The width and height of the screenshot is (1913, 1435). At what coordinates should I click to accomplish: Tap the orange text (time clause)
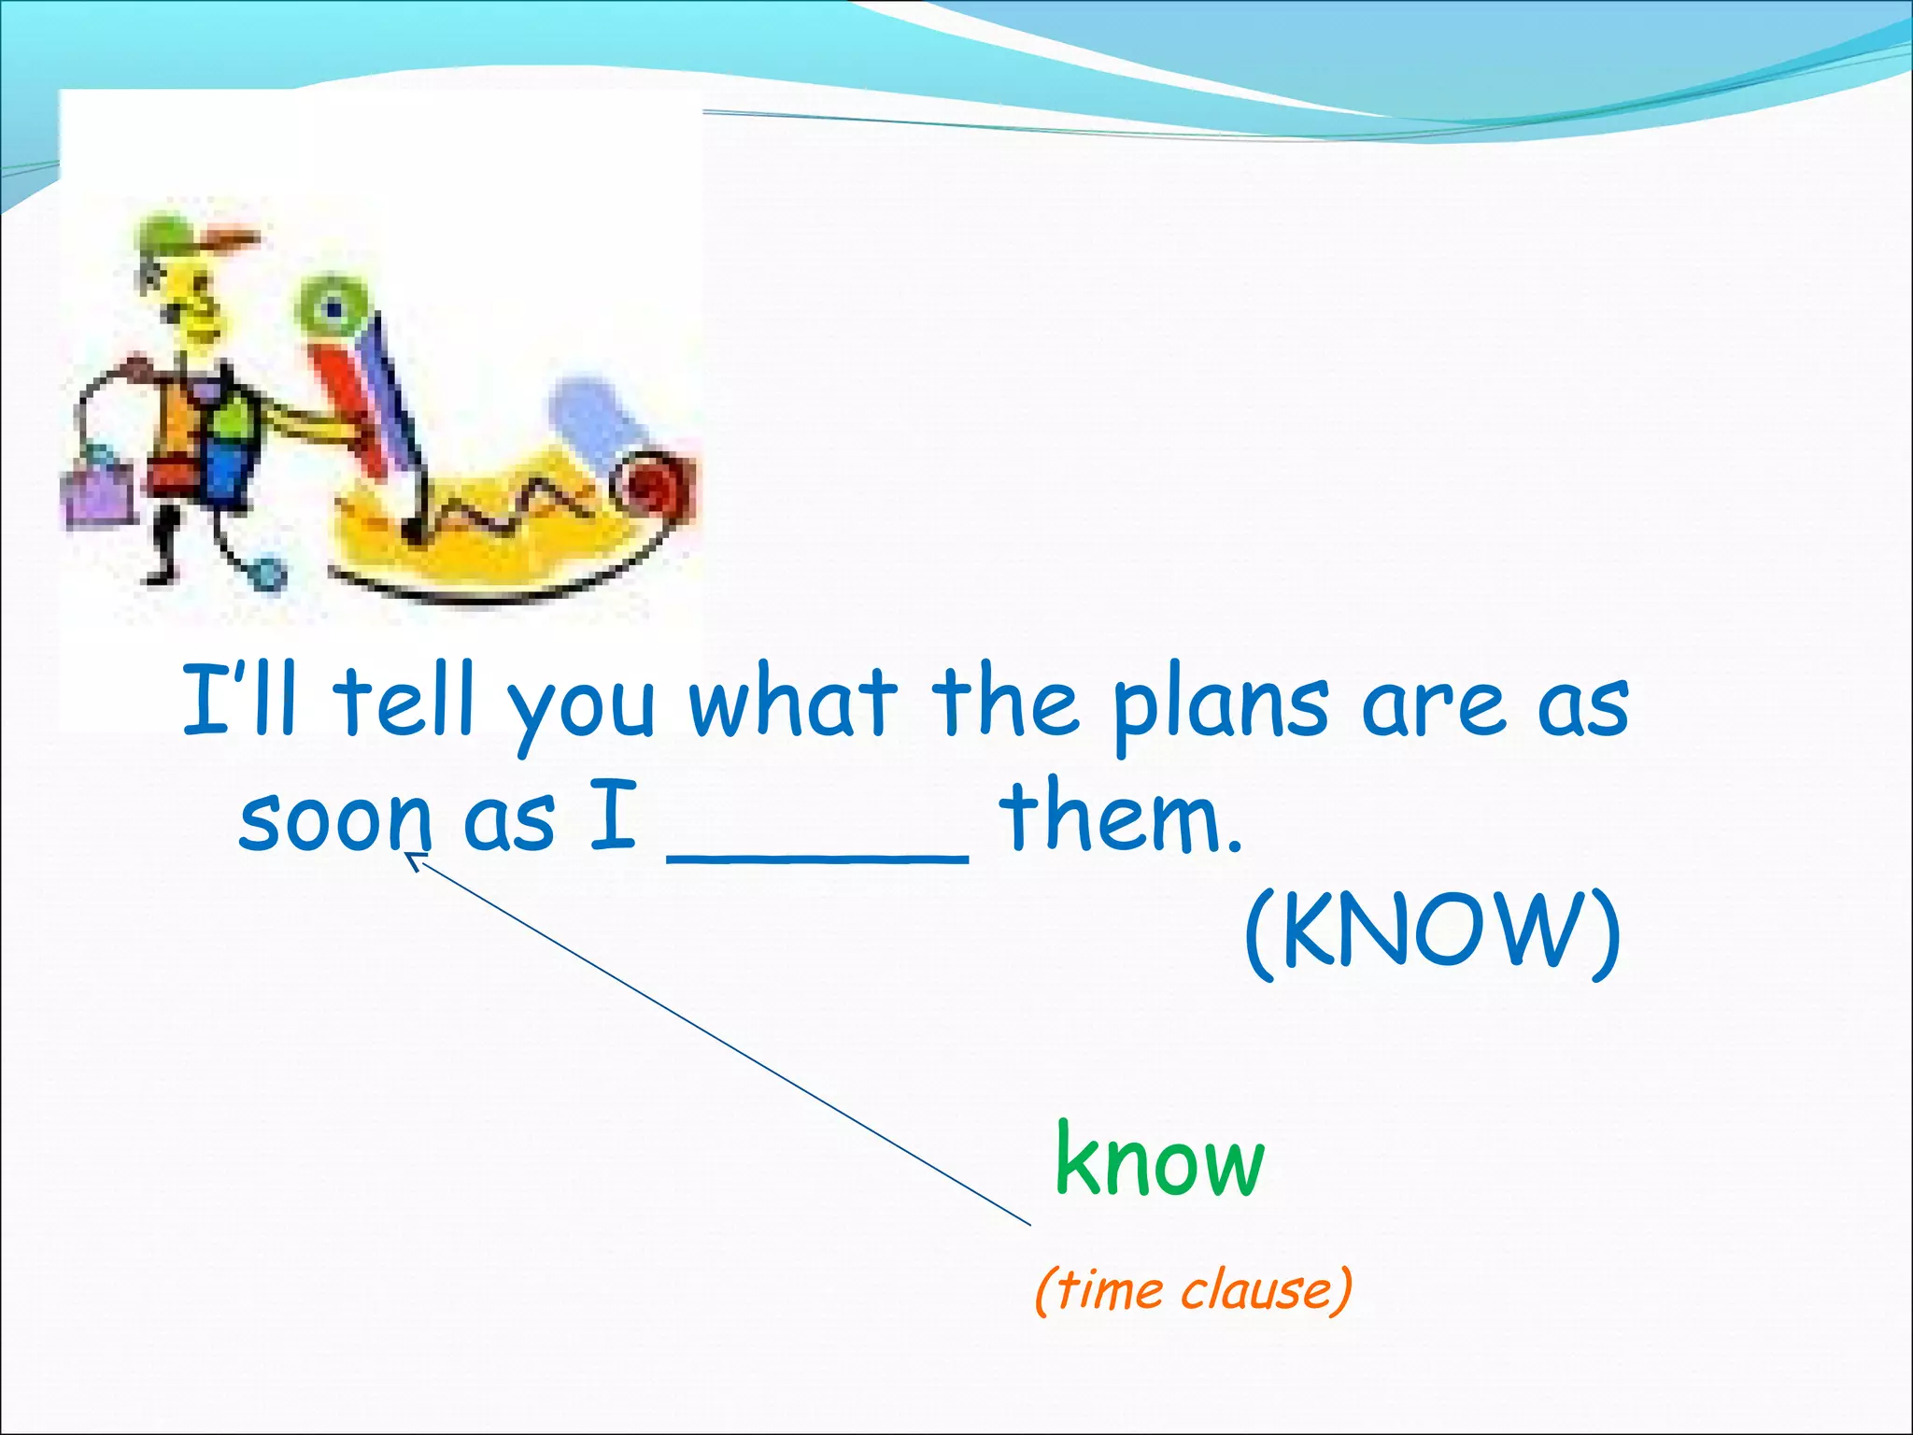point(1193,1290)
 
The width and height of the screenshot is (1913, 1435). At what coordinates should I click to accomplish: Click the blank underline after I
point(817,855)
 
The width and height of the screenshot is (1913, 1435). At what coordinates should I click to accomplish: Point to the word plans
point(1221,706)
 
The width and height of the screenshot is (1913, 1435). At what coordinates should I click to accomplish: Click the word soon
point(334,819)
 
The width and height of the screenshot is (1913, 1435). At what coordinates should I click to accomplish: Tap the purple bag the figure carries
point(99,492)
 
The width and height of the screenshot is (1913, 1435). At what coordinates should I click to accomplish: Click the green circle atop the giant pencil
point(332,305)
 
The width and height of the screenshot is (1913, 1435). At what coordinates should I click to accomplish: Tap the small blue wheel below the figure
point(268,572)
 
